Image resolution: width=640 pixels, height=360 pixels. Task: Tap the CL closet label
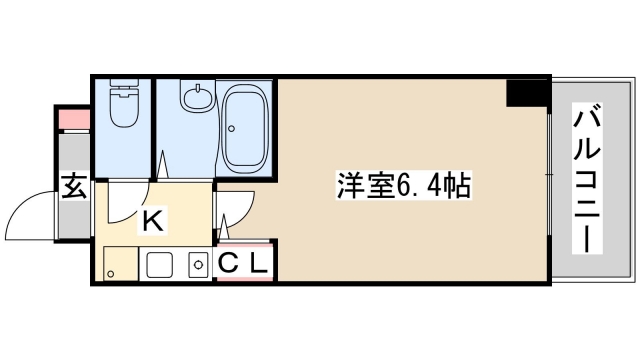click(x=243, y=265)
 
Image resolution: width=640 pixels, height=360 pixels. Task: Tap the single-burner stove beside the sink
click(x=196, y=267)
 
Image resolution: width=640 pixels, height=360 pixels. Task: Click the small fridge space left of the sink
click(x=118, y=266)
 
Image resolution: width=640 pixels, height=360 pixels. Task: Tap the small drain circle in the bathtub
click(x=233, y=128)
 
